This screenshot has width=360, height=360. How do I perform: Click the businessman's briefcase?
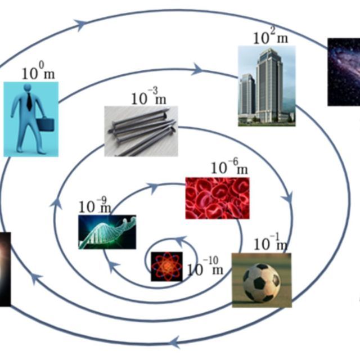point(46,124)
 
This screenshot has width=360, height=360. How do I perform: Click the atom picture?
point(166,267)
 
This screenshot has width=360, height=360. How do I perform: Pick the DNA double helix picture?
point(107,231)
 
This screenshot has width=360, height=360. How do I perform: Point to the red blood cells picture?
point(217,198)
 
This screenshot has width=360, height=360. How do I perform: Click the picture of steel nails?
point(141,131)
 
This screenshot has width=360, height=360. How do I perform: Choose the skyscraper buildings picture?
point(266,85)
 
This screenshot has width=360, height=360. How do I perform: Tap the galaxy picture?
point(344,72)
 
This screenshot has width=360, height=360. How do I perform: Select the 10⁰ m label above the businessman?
point(38,73)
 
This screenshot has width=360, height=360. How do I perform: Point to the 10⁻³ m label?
point(149,98)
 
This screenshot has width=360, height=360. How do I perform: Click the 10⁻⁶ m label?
point(229,168)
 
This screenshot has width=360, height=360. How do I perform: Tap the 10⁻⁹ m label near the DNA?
point(95,206)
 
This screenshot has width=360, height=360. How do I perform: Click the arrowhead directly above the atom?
point(179,241)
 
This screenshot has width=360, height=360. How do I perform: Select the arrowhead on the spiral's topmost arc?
point(80,24)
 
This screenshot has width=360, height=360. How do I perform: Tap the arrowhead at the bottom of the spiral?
point(174,341)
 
